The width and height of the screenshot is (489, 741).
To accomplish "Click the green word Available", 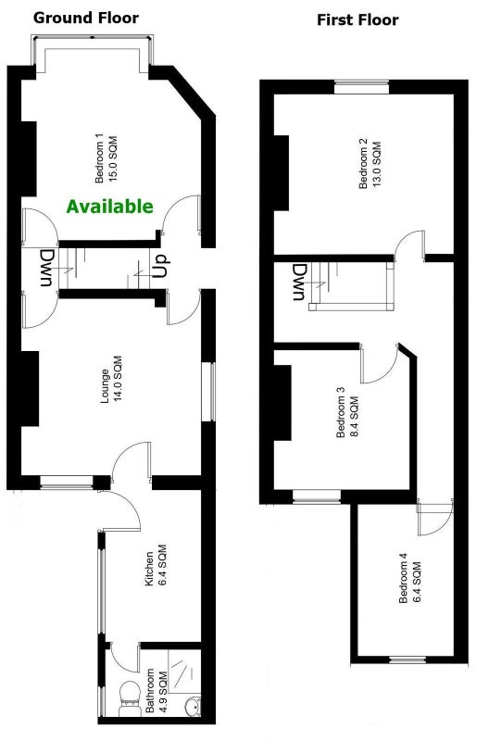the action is pyautogui.click(x=109, y=207).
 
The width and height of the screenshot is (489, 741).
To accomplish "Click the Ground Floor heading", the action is pyautogui.click(x=86, y=18).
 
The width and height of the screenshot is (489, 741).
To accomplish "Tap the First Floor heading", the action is pyautogui.click(x=357, y=19).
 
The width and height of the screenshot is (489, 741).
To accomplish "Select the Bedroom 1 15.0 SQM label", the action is pyautogui.click(x=106, y=159).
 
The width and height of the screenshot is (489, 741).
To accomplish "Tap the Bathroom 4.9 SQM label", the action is pyautogui.click(x=157, y=690).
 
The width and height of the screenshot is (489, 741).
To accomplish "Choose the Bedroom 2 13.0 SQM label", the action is pyautogui.click(x=370, y=164).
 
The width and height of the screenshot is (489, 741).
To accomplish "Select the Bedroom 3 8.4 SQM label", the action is pyautogui.click(x=347, y=412).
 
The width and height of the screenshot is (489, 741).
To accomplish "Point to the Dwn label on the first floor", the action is pyautogui.click(x=299, y=283).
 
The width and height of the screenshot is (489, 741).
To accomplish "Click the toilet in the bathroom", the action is pyautogui.click(x=129, y=697).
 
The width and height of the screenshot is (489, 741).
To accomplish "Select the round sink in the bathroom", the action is pyautogui.click(x=194, y=707).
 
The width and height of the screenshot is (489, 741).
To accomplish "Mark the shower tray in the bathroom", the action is pyautogui.click(x=184, y=671).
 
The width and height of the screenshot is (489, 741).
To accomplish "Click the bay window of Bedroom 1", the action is pyautogui.click(x=93, y=52).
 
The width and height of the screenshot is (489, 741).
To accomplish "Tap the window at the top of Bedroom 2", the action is pyautogui.click(x=362, y=87).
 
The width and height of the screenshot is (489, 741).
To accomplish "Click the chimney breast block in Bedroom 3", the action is pyautogui.click(x=282, y=403).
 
